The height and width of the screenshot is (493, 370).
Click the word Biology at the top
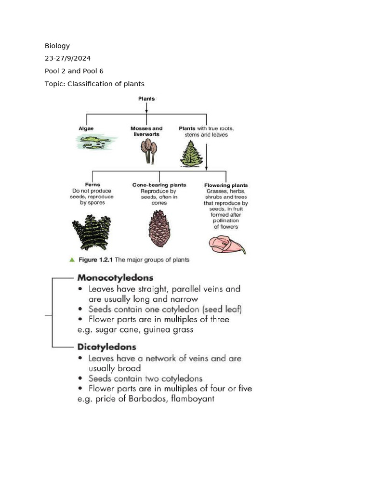pyautogui.click(x=57, y=46)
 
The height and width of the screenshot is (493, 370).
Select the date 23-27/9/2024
pyautogui.click(x=67, y=58)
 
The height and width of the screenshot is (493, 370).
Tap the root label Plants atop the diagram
pyautogui.click(x=146, y=99)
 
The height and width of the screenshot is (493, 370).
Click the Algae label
pyautogui.click(x=86, y=129)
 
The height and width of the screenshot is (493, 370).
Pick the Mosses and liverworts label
pyautogui.click(x=146, y=131)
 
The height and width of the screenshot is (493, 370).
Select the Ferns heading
pyautogui.click(x=92, y=185)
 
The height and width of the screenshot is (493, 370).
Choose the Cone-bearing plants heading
pyautogui.click(x=159, y=185)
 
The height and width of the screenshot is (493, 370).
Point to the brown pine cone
pyautogui.click(x=159, y=228)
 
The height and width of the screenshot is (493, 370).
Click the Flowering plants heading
pyautogui.click(x=226, y=185)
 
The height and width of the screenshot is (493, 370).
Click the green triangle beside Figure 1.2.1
pyautogui.click(x=72, y=259)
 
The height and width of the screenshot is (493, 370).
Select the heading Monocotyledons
pyautogui.click(x=115, y=278)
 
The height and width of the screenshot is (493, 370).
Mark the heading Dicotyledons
pyautogui.click(x=106, y=347)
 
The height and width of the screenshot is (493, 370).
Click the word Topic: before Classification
pyautogui.click(x=55, y=84)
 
